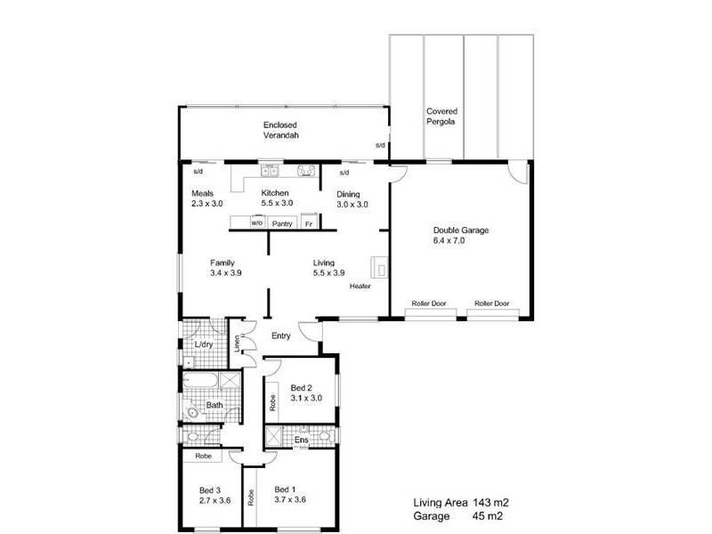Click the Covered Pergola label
click(441, 116)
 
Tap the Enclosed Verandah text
click(279, 130)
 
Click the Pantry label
click(282, 223)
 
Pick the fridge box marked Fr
click(309, 223)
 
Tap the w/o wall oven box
click(256, 223)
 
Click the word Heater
click(360, 287)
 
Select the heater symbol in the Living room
click(378, 266)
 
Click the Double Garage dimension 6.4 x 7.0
click(460, 240)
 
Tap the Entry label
click(281, 336)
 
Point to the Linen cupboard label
click(237, 343)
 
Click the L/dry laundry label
click(204, 344)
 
